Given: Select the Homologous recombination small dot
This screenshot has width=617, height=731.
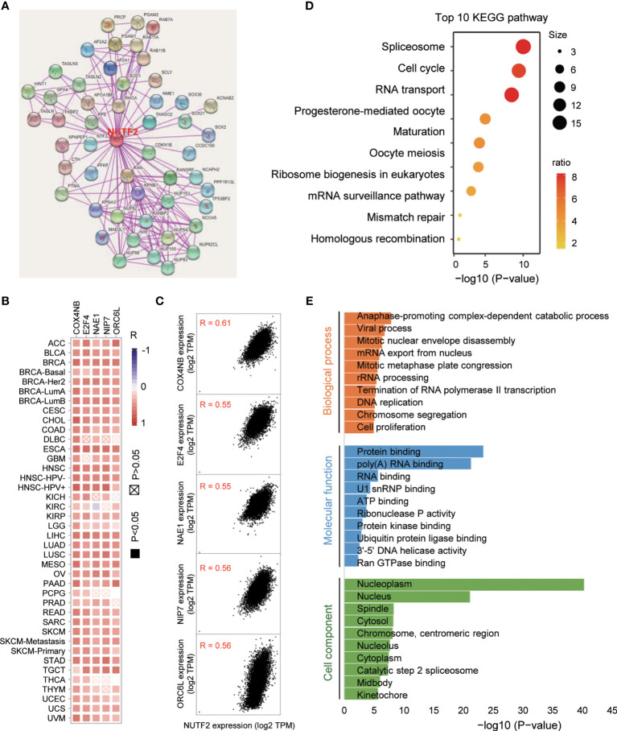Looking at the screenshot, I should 459,239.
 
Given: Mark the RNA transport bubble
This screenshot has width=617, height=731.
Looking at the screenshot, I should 511,96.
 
